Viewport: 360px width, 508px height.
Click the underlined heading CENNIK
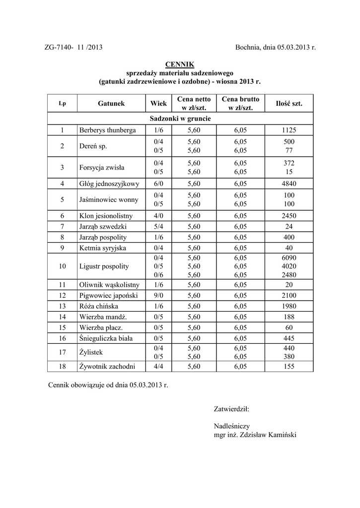pyautogui.click(x=179, y=64)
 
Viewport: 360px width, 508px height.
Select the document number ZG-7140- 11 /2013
pyautogui.click(x=73, y=48)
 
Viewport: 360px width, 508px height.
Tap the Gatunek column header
pyautogui.click(x=111, y=104)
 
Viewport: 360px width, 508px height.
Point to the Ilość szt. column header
pyautogui.click(x=289, y=104)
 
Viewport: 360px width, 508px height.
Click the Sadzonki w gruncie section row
pyautogui.click(x=180, y=119)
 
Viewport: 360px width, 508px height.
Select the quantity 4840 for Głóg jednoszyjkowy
pyautogui.click(x=289, y=184)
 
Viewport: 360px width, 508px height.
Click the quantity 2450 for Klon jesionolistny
pyautogui.click(x=289, y=216)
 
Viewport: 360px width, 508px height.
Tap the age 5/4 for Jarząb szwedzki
pyautogui.click(x=158, y=227)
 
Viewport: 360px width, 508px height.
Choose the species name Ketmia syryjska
pyautogui.click(x=102, y=248)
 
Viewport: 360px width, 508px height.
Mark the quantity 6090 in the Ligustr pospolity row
pyautogui.click(x=289, y=257)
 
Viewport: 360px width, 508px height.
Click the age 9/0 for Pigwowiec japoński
pyautogui.click(x=158, y=296)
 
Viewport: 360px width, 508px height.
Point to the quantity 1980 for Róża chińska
pyautogui.click(x=289, y=306)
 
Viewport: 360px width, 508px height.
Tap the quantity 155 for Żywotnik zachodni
pyautogui.click(x=289, y=367)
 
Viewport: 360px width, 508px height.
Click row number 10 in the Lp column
pyautogui.click(x=62, y=266)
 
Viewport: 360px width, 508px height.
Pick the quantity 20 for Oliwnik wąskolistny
pyautogui.click(x=289, y=285)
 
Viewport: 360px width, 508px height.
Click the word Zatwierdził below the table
pyautogui.click(x=231, y=409)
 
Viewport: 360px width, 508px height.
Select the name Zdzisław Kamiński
pyautogui.click(x=268, y=435)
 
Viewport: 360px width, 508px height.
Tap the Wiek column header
pyautogui.click(x=158, y=104)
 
